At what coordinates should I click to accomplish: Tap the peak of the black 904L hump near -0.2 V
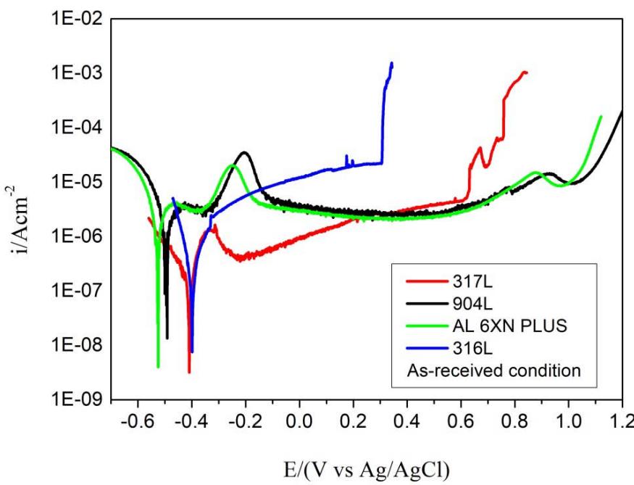(x=245, y=152)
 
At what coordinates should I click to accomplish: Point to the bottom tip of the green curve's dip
(x=158, y=367)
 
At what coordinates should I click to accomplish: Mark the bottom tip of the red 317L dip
(x=189, y=373)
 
